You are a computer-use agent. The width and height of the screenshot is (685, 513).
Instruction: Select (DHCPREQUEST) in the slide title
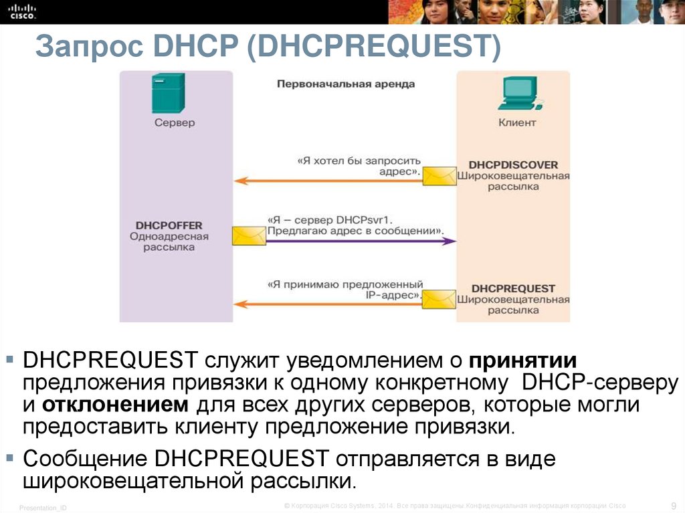click(374, 48)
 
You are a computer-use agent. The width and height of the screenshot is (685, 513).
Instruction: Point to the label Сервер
click(175, 122)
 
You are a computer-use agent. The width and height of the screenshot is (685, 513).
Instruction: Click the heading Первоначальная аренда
click(346, 84)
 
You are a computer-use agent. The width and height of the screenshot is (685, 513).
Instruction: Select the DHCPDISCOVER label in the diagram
click(513, 165)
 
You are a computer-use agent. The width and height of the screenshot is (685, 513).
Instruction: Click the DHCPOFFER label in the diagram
click(169, 225)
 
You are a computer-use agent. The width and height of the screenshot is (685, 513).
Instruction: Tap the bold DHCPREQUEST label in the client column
click(513, 288)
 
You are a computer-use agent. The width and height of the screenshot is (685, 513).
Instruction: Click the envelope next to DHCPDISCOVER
click(439, 175)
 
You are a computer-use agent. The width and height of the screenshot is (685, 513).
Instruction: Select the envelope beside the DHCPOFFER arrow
click(248, 236)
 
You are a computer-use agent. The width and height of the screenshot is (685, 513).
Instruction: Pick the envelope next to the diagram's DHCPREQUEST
click(439, 298)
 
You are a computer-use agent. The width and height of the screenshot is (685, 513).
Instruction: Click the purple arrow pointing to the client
click(361, 241)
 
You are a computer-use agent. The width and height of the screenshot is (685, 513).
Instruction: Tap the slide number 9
click(673, 505)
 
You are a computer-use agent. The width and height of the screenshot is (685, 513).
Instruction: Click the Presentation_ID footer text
click(43, 508)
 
